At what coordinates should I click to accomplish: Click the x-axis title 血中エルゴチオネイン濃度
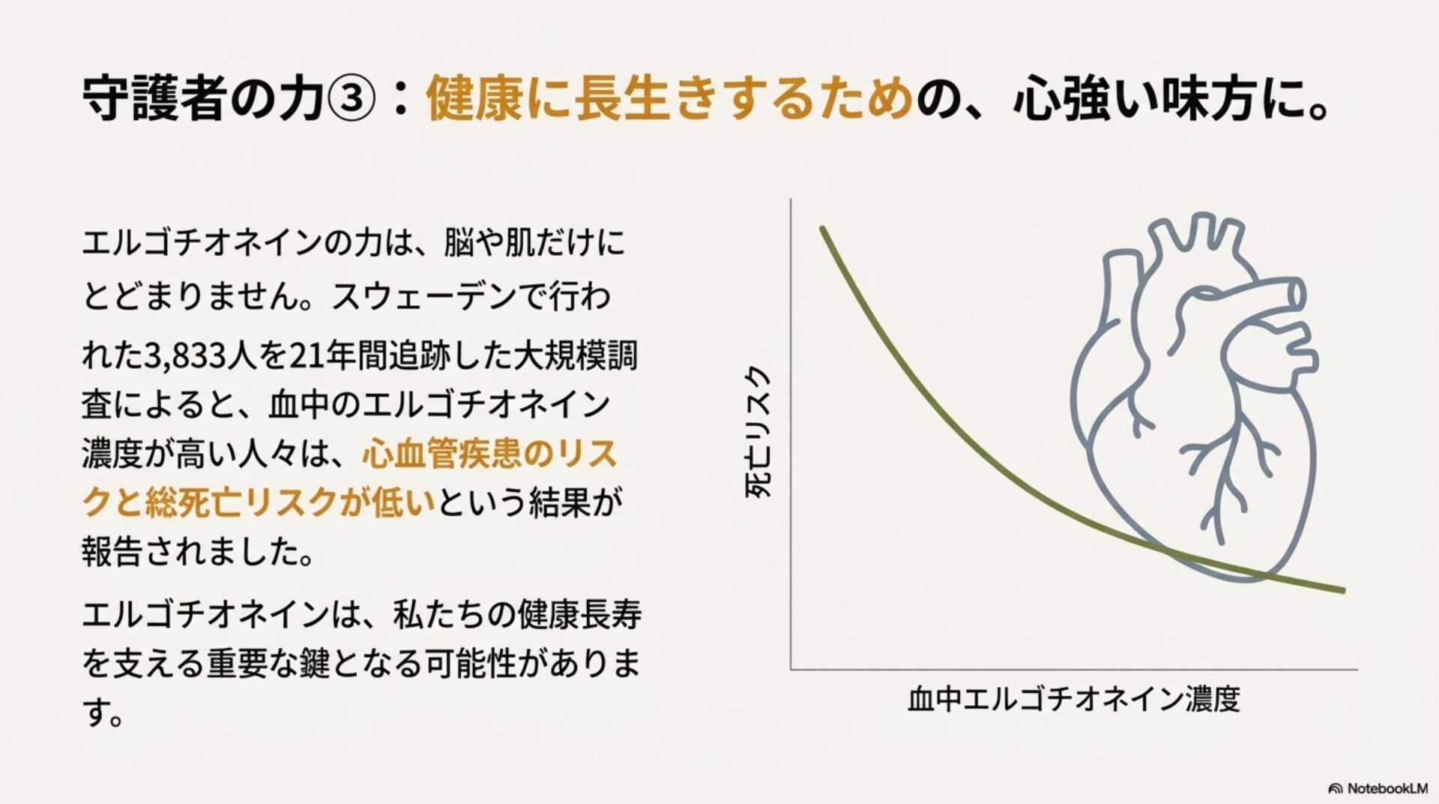[1074, 699]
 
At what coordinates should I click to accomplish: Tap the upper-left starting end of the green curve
[822, 228]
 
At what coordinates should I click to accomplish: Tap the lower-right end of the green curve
[1342, 590]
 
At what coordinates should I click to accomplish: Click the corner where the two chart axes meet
[791, 668]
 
